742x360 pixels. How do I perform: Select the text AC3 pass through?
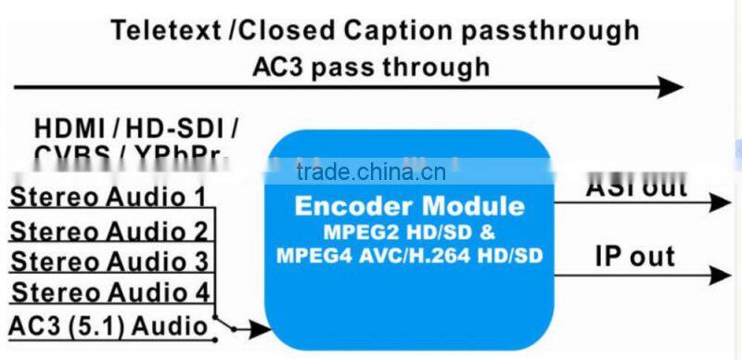click(371, 67)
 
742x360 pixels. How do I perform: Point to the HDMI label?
click(70, 127)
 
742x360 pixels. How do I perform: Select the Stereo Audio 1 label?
click(108, 197)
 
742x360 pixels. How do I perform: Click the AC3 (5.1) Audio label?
click(107, 325)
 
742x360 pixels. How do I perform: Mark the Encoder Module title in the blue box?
click(409, 205)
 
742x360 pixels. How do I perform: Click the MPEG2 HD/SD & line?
click(409, 230)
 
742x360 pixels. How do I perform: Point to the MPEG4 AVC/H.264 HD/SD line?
click(409, 254)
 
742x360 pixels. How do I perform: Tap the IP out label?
click(634, 255)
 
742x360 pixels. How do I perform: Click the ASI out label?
click(636, 189)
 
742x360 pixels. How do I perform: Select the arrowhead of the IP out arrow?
click(721, 275)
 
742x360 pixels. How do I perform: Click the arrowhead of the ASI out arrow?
click(721, 202)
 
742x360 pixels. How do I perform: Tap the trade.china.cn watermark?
click(371, 173)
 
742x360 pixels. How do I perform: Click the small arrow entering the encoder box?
click(255, 328)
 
